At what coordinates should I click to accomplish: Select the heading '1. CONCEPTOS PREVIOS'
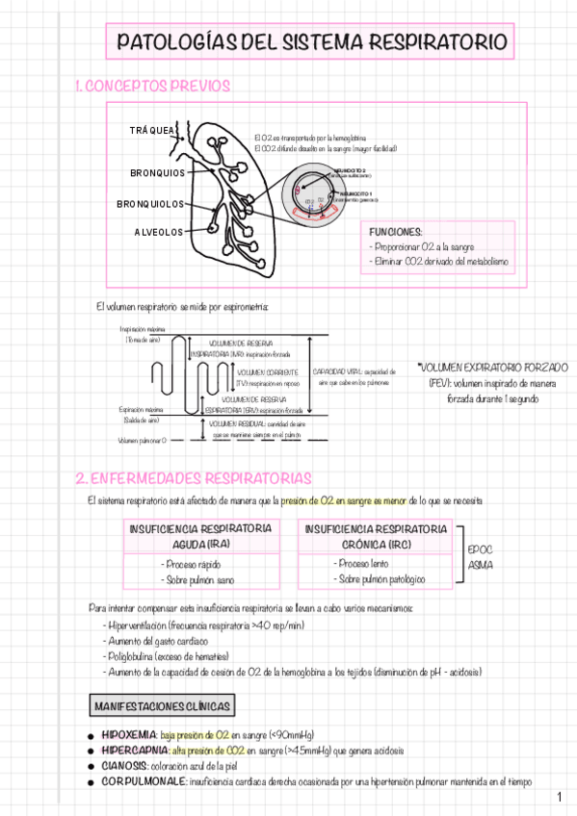click(x=152, y=87)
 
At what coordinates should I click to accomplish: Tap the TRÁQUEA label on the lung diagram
click(x=152, y=130)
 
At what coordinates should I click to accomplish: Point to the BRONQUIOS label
click(x=157, y=173)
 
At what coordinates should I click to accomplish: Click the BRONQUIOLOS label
click(x=150, y=204)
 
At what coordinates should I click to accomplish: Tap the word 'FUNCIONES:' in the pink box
click(x=396, y=232)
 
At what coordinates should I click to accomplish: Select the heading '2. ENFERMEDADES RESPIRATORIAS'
click(x=193, y=478)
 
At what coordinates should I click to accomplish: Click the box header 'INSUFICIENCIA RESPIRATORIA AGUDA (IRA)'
click(x=199, y=536)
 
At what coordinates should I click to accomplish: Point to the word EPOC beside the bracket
click(x=480, y=549)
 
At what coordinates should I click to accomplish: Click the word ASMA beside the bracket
click(x=480, y=565)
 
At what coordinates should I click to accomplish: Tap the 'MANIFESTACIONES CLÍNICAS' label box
click(x=162, y=707)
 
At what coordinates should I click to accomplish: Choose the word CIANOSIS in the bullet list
click(x=122, y=766)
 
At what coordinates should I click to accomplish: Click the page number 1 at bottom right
click(x=560, y=798)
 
